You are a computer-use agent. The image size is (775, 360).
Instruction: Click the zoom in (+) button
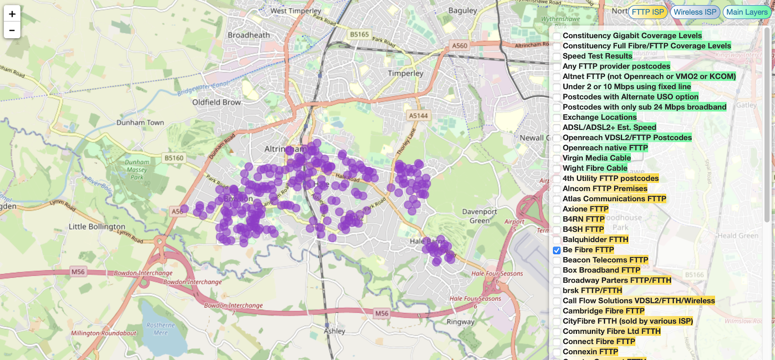(x=12, y=14)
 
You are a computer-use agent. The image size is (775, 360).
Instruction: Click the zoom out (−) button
(x=12, y=30)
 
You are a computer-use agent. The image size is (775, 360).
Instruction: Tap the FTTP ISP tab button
(x=648, y=12)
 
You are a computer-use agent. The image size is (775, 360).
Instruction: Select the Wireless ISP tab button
(x=695, y=12)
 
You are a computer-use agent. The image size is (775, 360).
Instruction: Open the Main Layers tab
(x=746, y=12)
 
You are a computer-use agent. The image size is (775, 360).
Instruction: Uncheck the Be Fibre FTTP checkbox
(x=557, y=250)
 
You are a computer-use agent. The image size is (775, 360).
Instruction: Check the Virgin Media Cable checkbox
(x=557, y=158)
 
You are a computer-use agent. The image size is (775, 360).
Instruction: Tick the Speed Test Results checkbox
(x=557, y=57)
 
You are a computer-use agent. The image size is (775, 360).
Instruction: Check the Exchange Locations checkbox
(x=557, y=118)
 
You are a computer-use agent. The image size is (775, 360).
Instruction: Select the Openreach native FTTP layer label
(x=605, y=148)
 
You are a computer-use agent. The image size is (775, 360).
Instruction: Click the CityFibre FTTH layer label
(x=628, y=321)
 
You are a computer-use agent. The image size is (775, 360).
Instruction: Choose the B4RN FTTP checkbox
(x=557, y=219)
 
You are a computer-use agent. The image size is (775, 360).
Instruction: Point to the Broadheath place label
(x=249, y=35)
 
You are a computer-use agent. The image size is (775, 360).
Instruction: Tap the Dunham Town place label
(x=140, y=123)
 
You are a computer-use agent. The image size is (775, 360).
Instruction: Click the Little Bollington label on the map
(x=97, y=226)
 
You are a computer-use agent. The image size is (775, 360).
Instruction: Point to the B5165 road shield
(x=359, y=34)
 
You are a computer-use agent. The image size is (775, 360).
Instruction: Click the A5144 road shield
(x=418, y=116)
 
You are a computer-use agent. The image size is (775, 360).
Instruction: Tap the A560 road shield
(x=460, y=46)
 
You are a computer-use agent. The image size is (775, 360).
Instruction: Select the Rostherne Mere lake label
(x=161, y=329)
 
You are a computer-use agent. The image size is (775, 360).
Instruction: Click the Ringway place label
(x=460, y=322)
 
